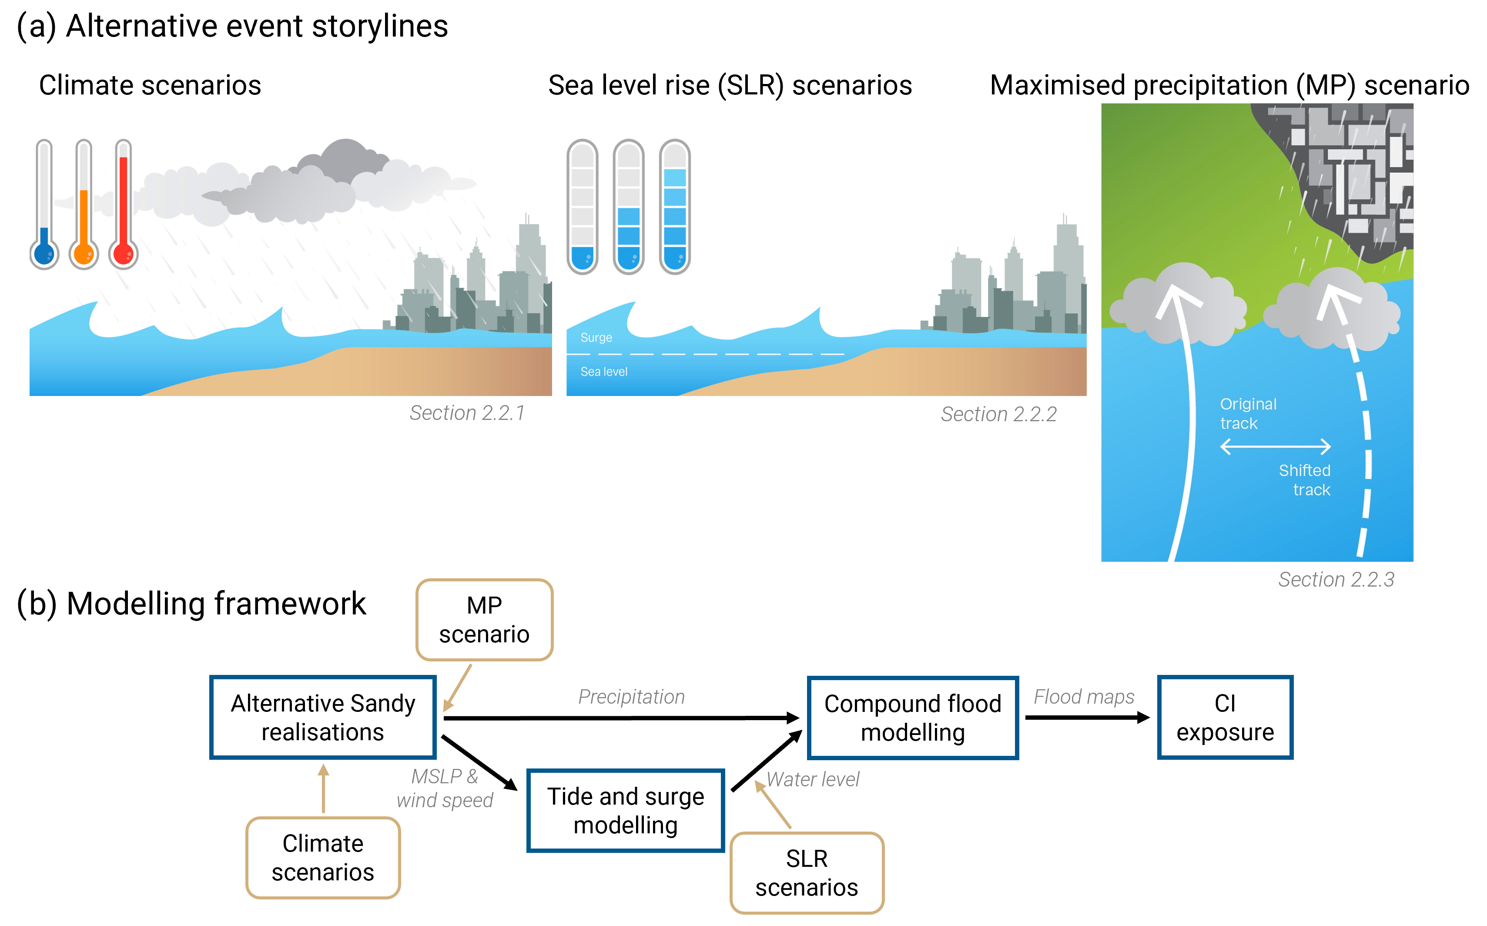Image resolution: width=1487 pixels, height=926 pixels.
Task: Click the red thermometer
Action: click(x=123, y=205)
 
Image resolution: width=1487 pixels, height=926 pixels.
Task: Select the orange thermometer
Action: click(x=84, y=205)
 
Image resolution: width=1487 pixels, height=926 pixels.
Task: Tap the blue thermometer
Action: click(x=44, y=205)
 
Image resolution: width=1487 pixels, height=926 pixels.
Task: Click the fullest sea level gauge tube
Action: click(x=675, y=206)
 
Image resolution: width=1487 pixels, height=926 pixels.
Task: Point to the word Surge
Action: click(x=596, y=337)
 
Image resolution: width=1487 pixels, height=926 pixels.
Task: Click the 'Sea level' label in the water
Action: click(x=603, y=372)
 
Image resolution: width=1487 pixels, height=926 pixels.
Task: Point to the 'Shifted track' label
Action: click(x=1305, y=480)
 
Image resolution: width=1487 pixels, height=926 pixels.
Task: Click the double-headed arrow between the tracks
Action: click(x=1275, y=446)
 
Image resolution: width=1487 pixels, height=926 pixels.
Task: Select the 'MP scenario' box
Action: click(x=484, y=620)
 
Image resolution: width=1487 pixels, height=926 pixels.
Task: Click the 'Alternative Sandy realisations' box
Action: click(x=323, y=718)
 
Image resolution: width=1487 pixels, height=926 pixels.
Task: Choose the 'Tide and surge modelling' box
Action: click(x=626, y=810)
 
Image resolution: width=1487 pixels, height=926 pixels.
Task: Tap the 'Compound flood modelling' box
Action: click(x=912, y=718)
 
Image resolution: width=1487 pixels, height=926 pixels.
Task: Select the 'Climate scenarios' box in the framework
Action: click(x=323, y=857)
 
